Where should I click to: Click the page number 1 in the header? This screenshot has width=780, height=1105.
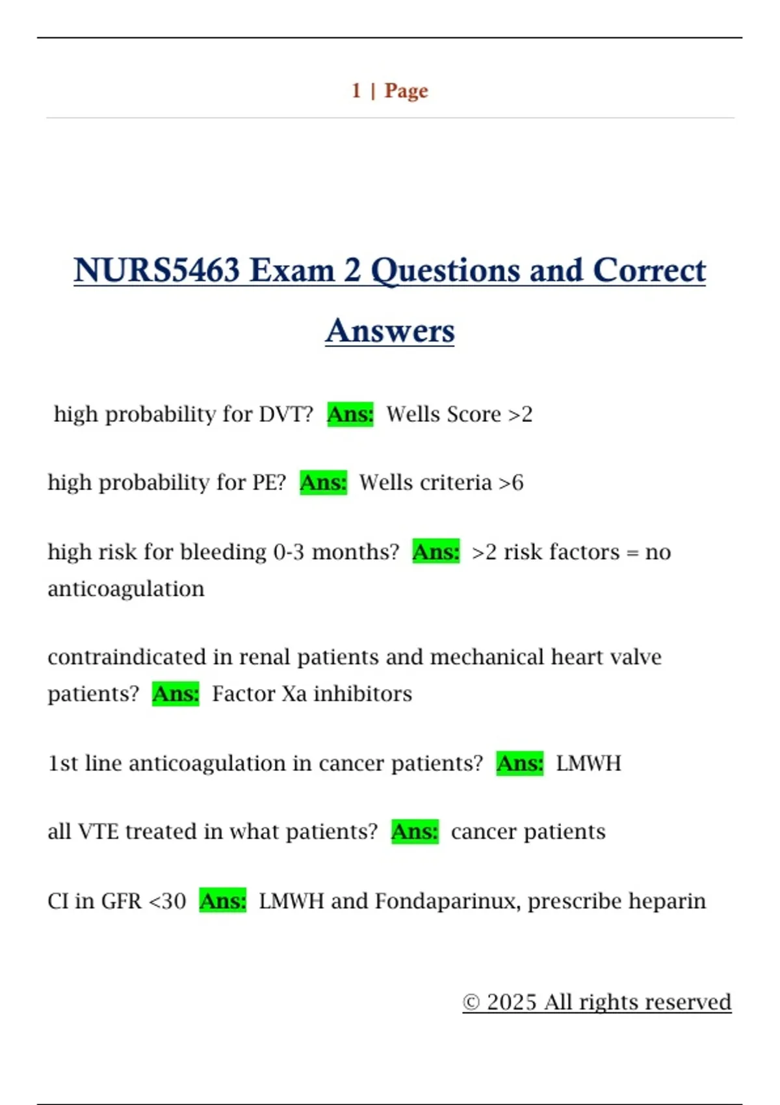click(x=356, y=90)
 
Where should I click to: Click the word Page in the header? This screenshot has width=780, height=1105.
click(x=406, y=91)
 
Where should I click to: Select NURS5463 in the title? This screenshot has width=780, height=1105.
click(x=157, y=270)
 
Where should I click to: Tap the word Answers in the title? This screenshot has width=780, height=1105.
click(x=390, y=331)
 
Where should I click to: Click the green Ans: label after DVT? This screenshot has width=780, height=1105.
click(x=350, y=414)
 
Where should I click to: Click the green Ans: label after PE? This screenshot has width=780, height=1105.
click(x=323, y=482)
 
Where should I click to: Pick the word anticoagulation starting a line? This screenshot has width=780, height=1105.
click(x=126, y=589)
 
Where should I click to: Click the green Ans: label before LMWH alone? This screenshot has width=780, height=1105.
click(x=519, y=762)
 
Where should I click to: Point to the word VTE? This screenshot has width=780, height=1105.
click(x=98, y=831)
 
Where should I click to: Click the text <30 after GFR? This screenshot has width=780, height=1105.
click(x=168, y=901)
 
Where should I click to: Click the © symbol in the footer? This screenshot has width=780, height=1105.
click(x=471, y=1002)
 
